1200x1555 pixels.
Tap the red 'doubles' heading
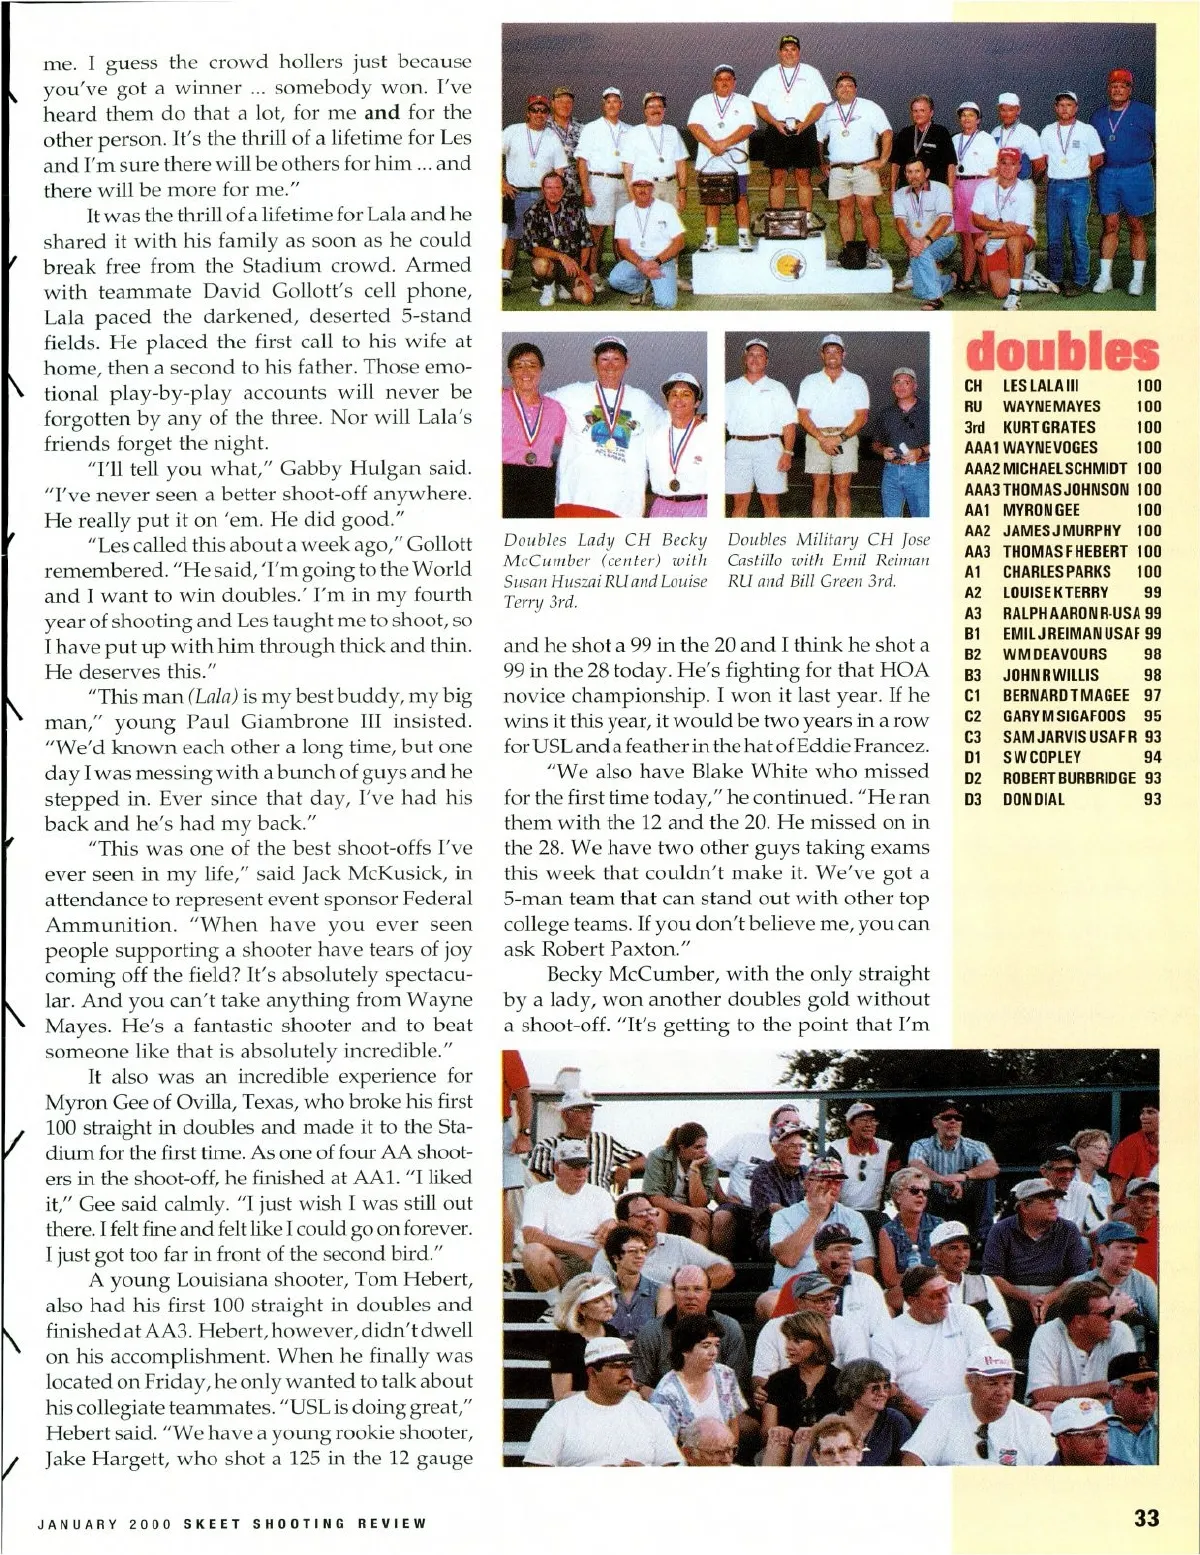point(1061,352)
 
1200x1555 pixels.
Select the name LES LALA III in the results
point(1040,386)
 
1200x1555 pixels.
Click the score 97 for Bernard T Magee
point(1152,695)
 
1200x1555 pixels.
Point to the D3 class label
point(973,799)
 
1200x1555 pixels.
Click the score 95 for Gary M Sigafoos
point(1152,716)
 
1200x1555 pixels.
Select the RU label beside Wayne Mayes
point(973,407)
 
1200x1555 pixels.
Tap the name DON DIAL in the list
point(1033,799)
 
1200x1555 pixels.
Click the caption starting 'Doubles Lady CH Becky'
point(605,571)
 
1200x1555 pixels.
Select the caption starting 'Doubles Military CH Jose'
point(828,561)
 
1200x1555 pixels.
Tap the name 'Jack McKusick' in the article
point(372,874)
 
